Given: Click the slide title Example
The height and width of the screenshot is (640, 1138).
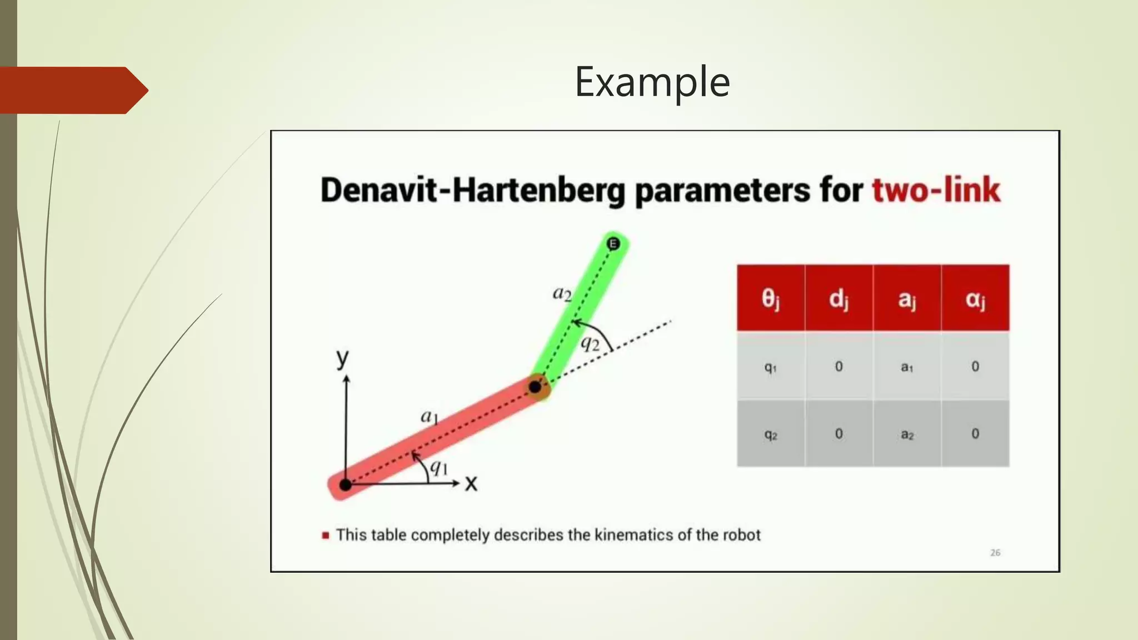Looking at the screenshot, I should (x=652, y=82).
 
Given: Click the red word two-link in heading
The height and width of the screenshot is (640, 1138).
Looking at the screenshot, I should (x=936, y=190).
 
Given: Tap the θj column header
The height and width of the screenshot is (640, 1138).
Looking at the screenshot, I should (x=771, y=299).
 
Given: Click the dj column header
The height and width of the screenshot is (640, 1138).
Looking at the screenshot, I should (x=838, y=299).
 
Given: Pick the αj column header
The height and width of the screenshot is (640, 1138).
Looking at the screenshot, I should (x=975, y=299).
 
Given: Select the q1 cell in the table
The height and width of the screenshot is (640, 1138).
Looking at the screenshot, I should (x=771, y=367).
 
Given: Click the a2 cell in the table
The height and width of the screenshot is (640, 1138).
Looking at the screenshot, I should (x=907, y=434).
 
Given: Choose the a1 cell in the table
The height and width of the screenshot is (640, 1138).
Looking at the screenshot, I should (x=907, y=367).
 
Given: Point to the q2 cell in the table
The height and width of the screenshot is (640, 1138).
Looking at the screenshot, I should (x=771, y=434).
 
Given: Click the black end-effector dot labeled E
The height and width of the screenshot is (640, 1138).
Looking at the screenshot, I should (x=613, y=243).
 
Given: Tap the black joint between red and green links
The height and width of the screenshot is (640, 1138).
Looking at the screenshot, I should (x=535, y=387).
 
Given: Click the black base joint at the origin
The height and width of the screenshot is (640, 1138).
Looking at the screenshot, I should (x=345, y=484).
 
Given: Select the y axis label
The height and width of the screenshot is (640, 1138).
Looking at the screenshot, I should (x=343, y=358).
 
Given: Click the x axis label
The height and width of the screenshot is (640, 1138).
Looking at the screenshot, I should (x=471, y=483).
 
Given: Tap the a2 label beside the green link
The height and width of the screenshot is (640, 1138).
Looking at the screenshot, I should (x=562, y=293).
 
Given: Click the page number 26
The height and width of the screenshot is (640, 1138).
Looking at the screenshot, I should (x=995, y=553).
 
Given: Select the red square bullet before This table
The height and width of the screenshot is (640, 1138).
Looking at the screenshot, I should (x=326, y=536).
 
